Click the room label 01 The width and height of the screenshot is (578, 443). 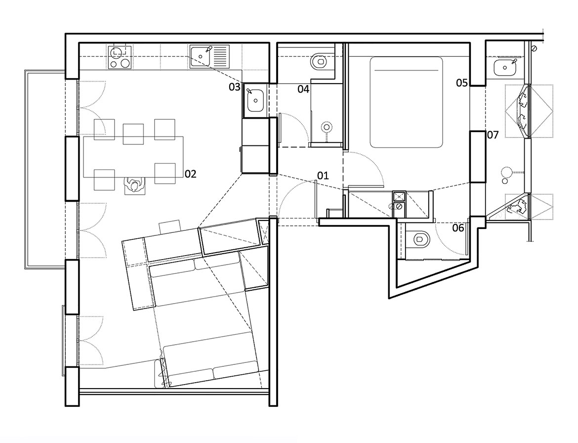pyautogui.click(x=323, y=176)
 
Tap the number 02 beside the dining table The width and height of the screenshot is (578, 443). pyautogui.click(x=191, y=174)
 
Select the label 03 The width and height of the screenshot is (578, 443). pyautogui.click(x=234, y=88)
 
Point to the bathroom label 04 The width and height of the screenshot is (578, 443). pyautogui.click(x=303, y=89)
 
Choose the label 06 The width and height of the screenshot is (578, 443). pyautogui.click(x=458, y=228)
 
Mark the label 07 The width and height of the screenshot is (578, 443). pyautogui.click(x=493, y=134)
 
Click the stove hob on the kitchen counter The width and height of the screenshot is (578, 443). pyautogui.click(x=119, y=57)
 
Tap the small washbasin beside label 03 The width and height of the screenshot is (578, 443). pyautogui.click(x=255, y=100)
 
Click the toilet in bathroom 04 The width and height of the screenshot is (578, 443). pyautogui.click(x=319, y=62)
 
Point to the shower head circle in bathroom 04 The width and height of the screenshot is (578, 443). pyautogui.click(x=326, y=128)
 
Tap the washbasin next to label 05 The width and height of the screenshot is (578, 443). pyautogui.click(x=505, y=67)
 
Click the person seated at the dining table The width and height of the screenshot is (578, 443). pyautogui.click(x=134, y=185)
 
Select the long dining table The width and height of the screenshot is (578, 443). pyautogui.click(x=133, y=157)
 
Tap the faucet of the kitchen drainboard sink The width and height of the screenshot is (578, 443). pyautogui.click(x=207, y=50)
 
